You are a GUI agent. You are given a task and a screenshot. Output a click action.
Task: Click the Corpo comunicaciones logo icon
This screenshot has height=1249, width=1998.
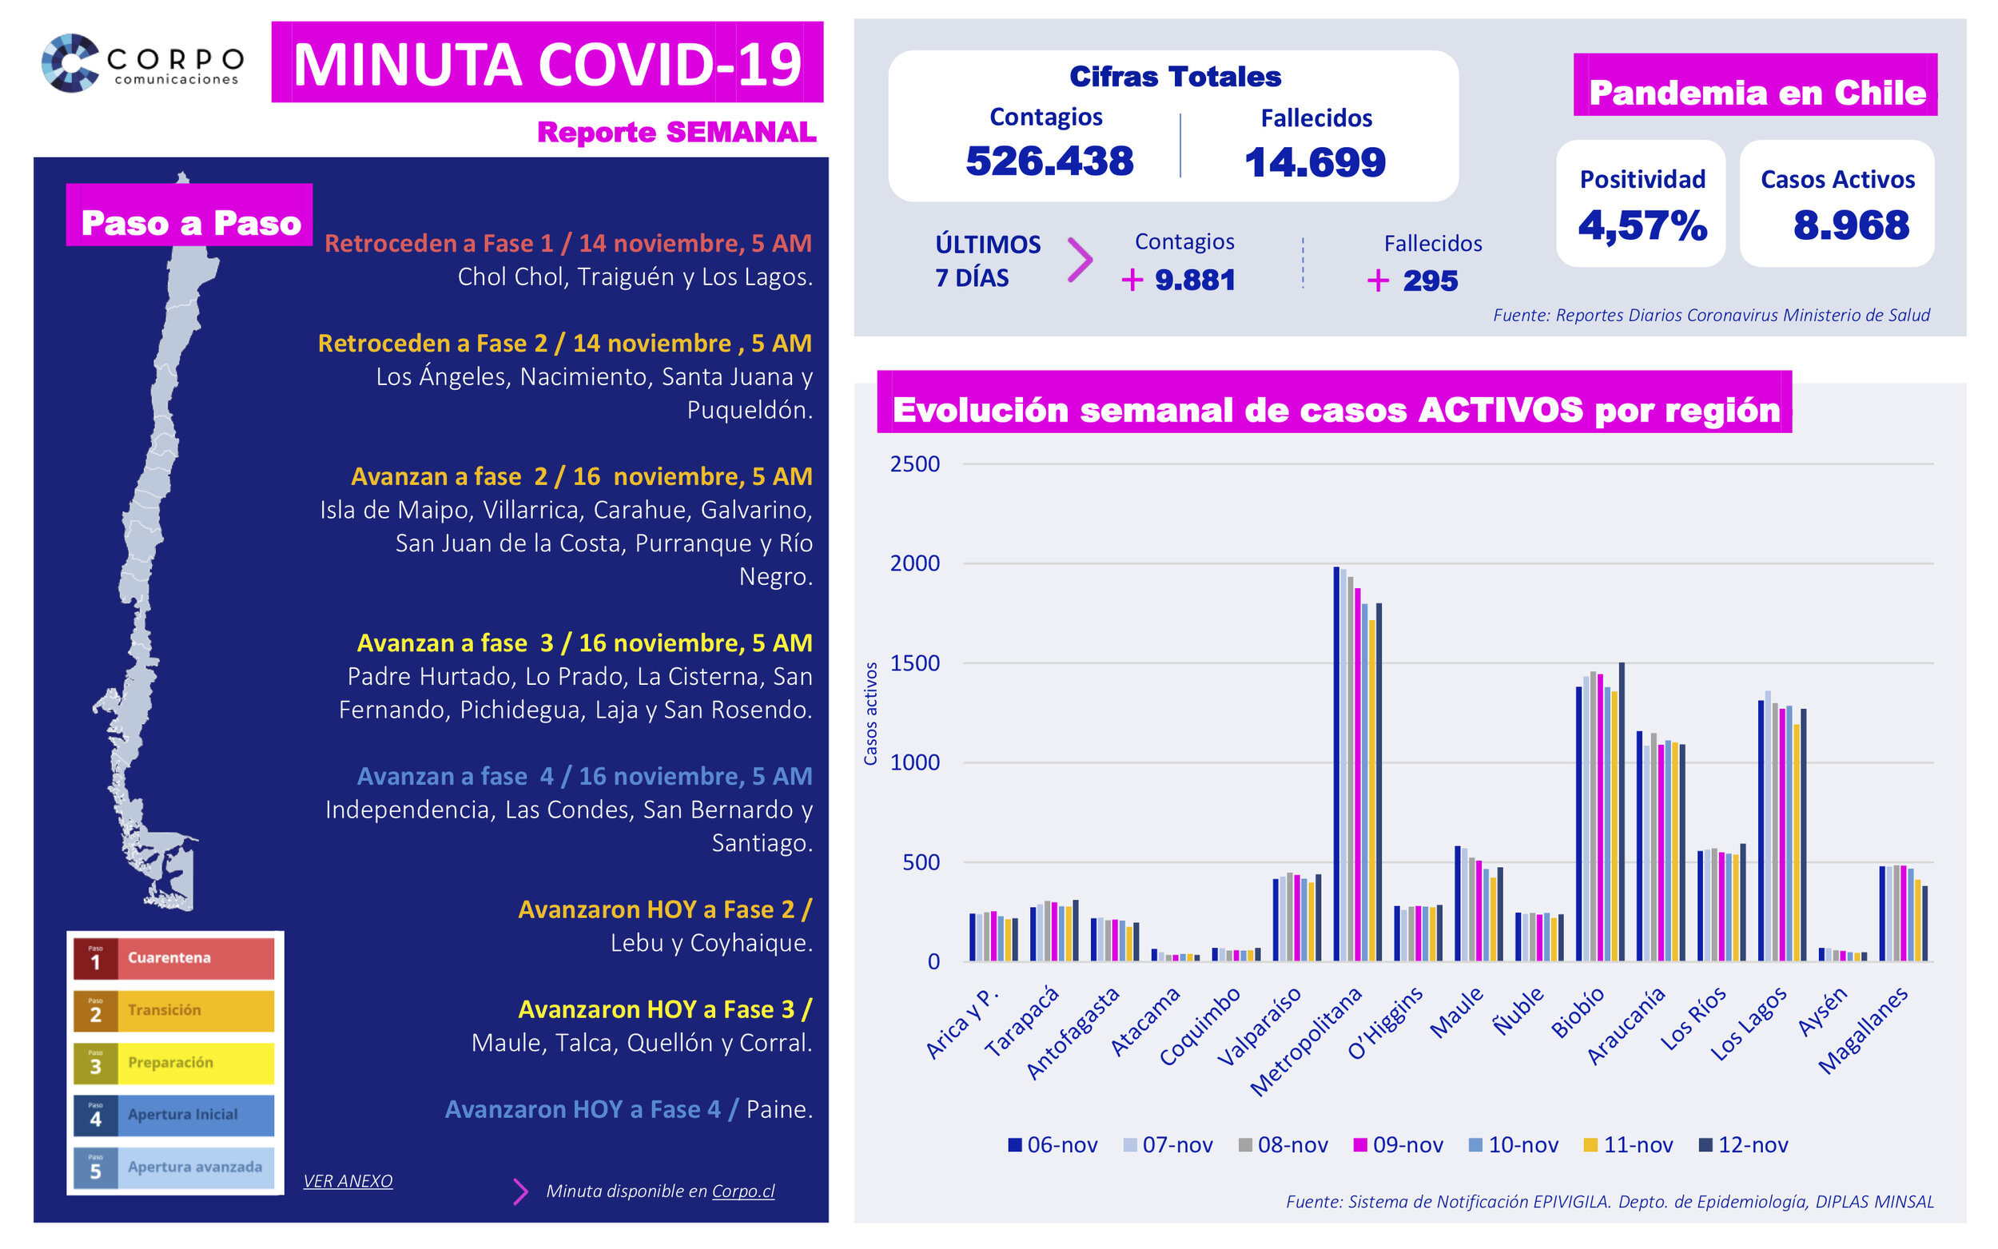pyautogui.click(x=71, y=63)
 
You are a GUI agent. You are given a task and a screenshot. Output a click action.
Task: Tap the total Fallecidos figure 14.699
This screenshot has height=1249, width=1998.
pyautogui.click(x=1314, y=162)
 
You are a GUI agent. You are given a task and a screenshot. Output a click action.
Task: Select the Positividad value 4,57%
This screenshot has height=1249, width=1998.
pyautogui.click(x=1642, y=225)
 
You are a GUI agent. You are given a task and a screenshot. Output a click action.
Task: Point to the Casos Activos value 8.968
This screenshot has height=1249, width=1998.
pyautogui.click(x=1850, y=225)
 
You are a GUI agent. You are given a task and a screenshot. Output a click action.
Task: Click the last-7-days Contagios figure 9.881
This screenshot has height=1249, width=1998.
pyautogui.click(x=1193, y=280)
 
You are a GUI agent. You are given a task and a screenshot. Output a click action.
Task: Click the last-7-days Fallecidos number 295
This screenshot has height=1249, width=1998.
pyautogui.click(x=1429, y=280)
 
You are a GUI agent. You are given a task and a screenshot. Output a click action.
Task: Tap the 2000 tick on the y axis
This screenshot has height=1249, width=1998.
pyautogui.click(x=914, y=563)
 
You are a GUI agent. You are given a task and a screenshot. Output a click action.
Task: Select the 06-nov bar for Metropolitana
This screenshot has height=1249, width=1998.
pyautogui.click(x=1336, y=764)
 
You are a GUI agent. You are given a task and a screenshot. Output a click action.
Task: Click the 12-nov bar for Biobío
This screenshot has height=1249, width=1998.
pyautogui.click(x=1622, y=812)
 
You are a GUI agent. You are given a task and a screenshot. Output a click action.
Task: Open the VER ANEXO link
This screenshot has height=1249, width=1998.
pyautogui.click(x=348, y=1181)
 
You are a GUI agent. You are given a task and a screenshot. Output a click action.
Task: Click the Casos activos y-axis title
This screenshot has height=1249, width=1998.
pyautogui.click(x=870, y=714)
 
